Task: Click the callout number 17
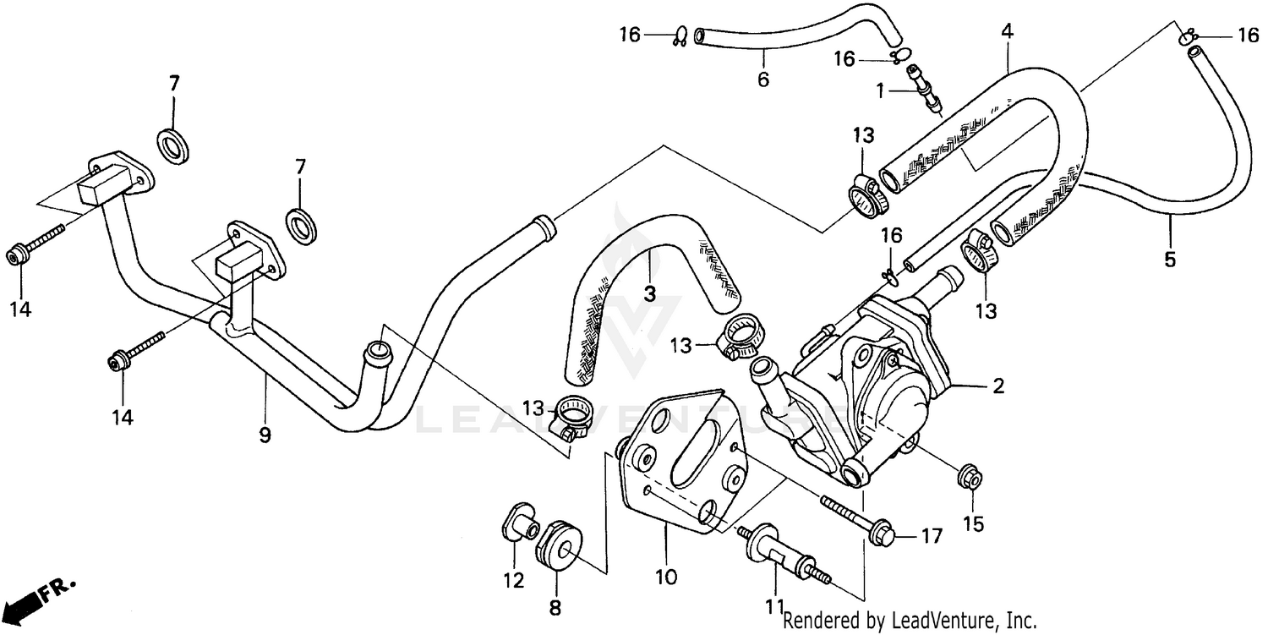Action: pos(931,535)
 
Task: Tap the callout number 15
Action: pos(974,524)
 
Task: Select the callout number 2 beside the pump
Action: pos(998,386)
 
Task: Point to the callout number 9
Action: pos(265,435)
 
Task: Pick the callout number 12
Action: pos(514,581)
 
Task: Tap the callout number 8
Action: pos(555,607)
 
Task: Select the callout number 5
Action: pos(1170,260)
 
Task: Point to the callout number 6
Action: pos(763,80)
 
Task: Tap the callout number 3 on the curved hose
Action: pos(649,293)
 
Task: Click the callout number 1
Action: pos(880,90)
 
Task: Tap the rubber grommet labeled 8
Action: pos(560,544)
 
